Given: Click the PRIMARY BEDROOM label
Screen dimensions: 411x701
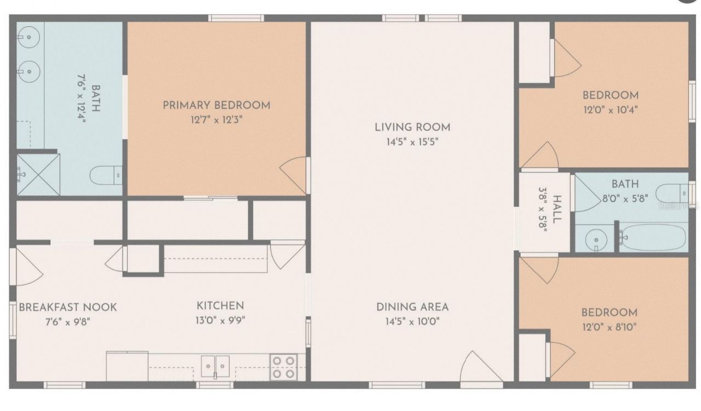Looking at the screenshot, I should [x=216, y=105].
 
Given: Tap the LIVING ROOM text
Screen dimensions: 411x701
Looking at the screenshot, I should [x=412, y=128].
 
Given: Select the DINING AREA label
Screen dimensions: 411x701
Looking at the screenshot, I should [x=412, y=307].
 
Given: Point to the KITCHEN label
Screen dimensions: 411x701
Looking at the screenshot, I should [x=221, y=306].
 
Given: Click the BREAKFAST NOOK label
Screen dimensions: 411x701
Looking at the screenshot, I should [x=68, y=307].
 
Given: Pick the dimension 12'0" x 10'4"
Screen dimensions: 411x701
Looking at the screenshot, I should [x=610, y=109].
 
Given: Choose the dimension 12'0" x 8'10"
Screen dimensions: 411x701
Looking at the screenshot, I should [x=609, y=328].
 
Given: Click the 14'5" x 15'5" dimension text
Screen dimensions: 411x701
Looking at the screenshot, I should [x=412, y=142].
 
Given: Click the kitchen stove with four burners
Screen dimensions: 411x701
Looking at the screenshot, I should [x=284, y=367].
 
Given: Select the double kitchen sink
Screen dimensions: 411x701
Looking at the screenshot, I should [x=215, y=366].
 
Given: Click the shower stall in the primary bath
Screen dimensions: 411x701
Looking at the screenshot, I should [x=37, y=174].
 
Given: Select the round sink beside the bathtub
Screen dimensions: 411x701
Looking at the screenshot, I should [x=593, y=240].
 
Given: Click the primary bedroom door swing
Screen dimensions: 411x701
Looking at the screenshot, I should [x=295, y=174].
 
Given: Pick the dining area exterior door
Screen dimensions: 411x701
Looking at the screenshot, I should [x=480, y=367].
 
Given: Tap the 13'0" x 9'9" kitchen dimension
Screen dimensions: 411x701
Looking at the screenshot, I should [x=221, y=321].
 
